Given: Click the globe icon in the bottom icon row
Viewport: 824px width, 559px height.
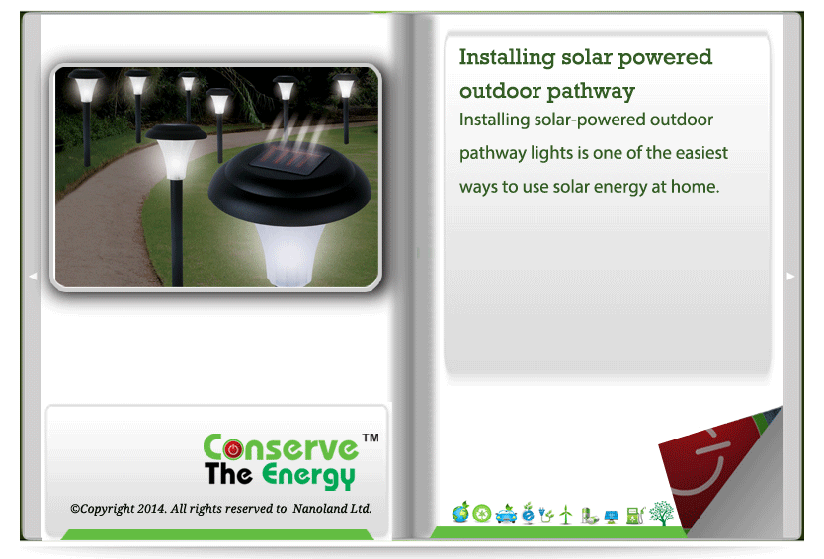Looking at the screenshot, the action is point(460,513).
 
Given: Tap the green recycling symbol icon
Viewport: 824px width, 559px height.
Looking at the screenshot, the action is point(482,514).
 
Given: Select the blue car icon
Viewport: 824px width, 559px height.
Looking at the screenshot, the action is point(506,515).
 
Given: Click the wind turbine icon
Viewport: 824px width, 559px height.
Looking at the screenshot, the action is point(565,515).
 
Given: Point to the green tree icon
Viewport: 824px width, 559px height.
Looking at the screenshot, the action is point(661,514).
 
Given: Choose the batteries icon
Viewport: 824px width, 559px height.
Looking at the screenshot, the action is point(589,516).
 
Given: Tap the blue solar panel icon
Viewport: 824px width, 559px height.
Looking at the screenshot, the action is point(612,517).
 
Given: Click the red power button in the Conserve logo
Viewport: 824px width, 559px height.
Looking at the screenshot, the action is point(233,449).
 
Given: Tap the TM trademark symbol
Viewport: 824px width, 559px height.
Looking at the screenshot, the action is point(371,438).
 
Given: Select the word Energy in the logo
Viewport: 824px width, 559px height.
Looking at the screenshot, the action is point(308,475).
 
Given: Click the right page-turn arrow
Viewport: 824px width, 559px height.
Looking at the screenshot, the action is point(790,277).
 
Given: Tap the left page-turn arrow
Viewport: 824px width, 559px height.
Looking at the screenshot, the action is point(33,276).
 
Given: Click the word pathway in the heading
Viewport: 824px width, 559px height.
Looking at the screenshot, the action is point(591,92).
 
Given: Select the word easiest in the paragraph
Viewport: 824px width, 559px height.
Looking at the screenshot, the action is point(701,153).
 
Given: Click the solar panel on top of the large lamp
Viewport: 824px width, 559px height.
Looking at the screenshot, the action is point(289,158).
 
